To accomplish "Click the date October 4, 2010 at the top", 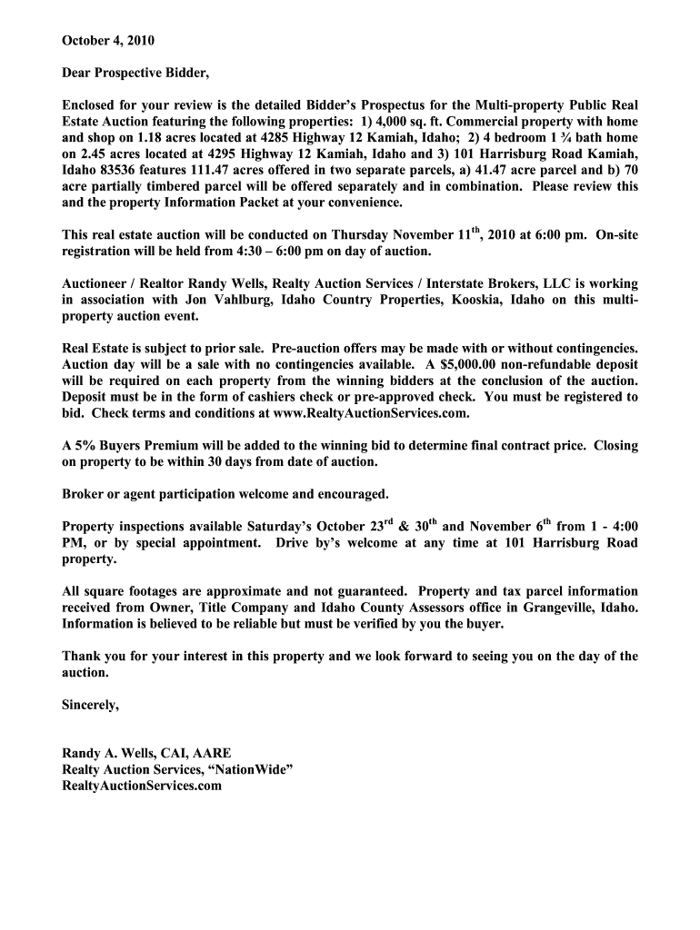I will click(102, 41).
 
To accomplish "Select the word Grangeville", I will click(554, 608).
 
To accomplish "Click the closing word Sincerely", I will click(90, 704).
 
